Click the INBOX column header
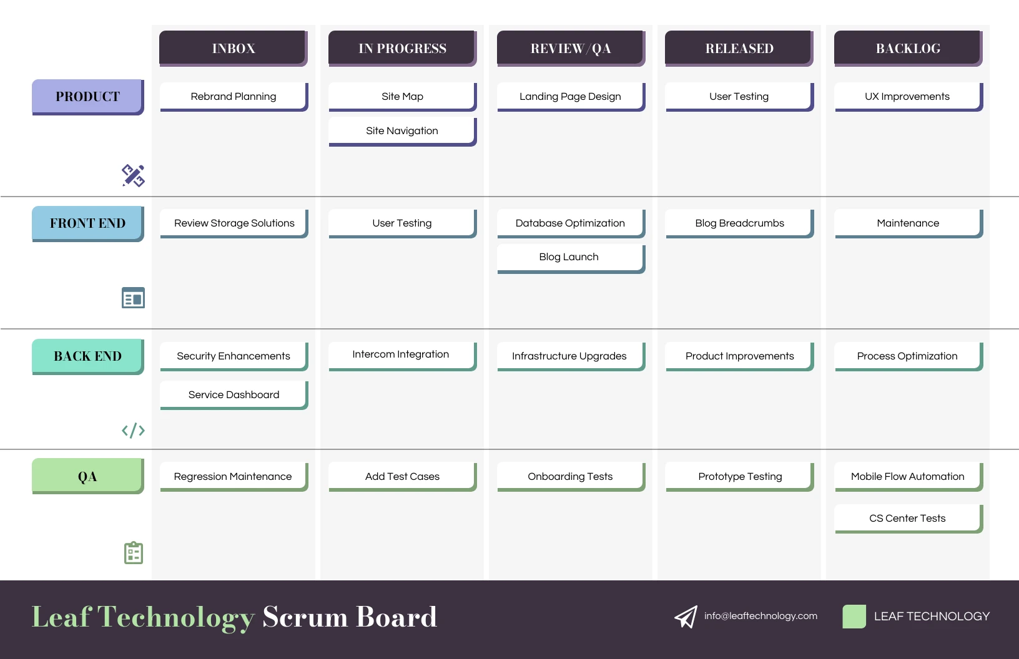coord(233,48)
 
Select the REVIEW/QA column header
coord(570,48)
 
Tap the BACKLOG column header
coord(907,48)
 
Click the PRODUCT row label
coord(87,97)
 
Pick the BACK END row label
coord(87,356)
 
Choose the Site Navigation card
coord(402,131)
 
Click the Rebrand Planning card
coord(234,97)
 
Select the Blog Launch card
coord(569,257)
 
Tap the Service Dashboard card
coord(234,395)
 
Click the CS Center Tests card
coord(907,519)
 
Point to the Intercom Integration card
coord(401,354)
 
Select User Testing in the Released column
coord(739,97)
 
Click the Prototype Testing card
coord(740,477)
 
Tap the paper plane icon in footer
coord(686,617)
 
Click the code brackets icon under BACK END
coord(133,431)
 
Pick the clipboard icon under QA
coord(134,553)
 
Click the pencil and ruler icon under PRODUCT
coord(133,176)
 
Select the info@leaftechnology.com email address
coord(761,616)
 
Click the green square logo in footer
coord(854,617)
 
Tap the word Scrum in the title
coord(305,617)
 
